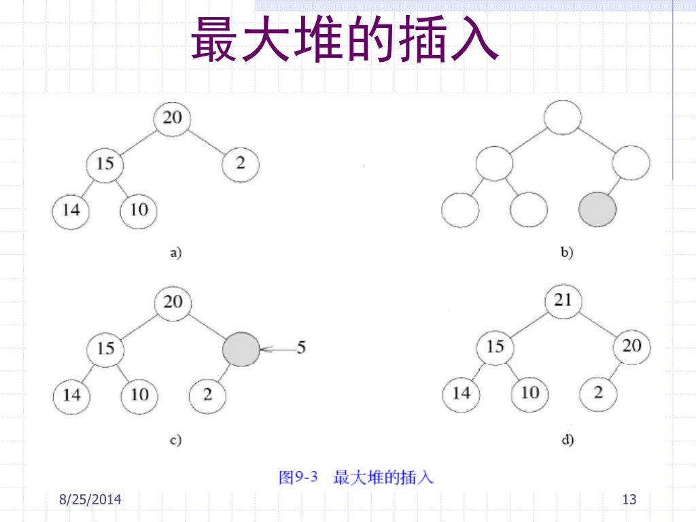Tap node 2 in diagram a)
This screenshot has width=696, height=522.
241,164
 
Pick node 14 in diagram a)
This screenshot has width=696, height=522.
71,210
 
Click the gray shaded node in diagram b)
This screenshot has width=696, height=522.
597,210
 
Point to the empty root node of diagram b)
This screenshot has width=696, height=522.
563,118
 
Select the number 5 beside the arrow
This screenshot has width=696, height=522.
301,348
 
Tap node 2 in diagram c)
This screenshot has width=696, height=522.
207,394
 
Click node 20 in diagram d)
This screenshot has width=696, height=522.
631,347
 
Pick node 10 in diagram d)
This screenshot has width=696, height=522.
529,393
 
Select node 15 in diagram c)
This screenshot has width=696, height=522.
105,349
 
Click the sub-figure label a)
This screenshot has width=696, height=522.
175,254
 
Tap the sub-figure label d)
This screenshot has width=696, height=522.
568,440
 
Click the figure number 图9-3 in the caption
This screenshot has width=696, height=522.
299,477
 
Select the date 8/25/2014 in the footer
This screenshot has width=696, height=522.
90,500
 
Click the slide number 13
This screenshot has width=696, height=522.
629,500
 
